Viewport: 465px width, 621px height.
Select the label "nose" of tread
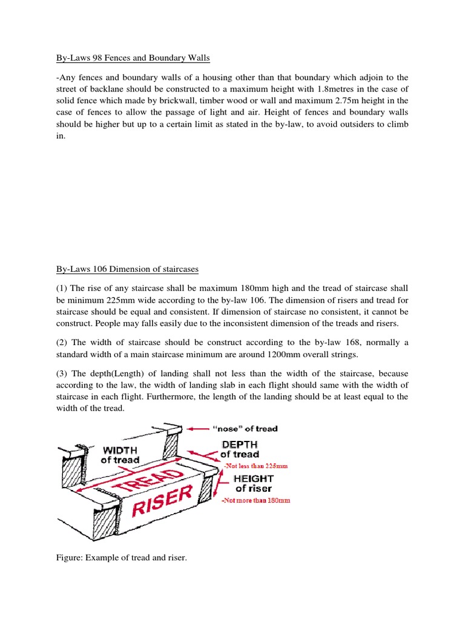[x=245, y=429]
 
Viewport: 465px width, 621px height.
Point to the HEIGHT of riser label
[x=254, y=483]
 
